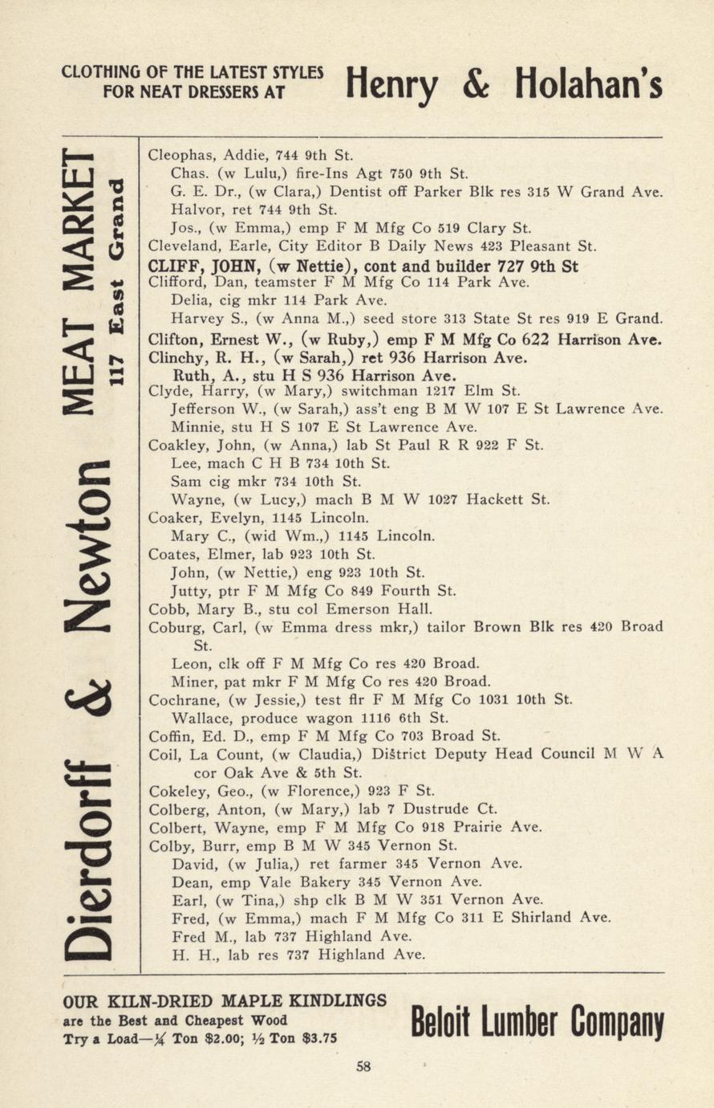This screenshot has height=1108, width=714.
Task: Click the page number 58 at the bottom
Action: pos(363,1067)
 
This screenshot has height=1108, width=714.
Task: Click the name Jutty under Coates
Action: pos(189,591)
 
